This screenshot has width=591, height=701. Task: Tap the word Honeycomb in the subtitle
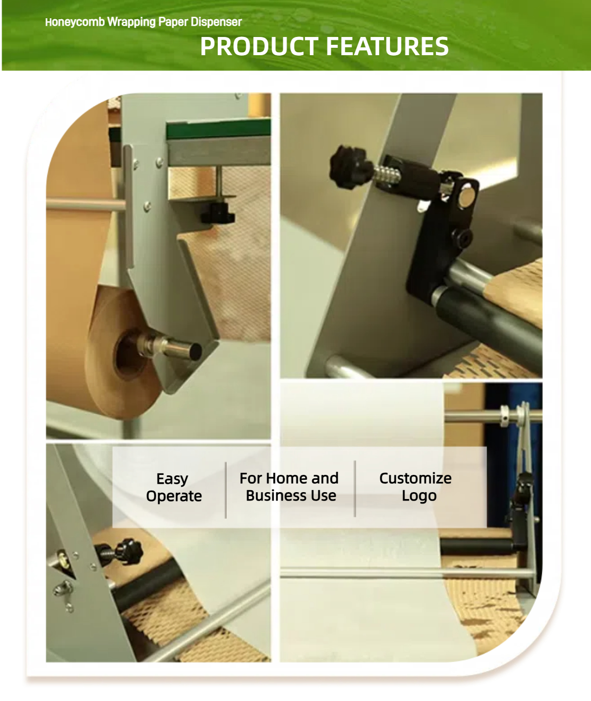click(x=75, y=22)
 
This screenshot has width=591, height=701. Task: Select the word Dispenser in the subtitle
click(x=216, y=22)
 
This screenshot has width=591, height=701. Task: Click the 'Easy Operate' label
click(x=174, y=488)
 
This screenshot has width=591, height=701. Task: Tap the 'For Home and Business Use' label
click(x=289, y=487)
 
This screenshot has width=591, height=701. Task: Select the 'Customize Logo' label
click(x=416, y=487)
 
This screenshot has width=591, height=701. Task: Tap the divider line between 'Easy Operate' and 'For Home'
click(x=226, y=490)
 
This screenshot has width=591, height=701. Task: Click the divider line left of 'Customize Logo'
click(x=355, y=489)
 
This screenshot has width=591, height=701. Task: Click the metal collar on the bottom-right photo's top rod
click(x=504, y=416)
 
